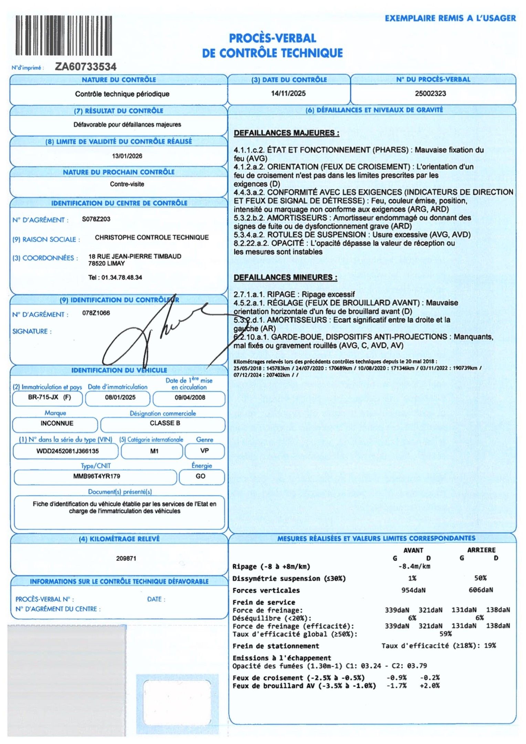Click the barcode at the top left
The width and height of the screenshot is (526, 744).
(x=64, y=35)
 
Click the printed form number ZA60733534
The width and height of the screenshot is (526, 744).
(x=86, y=66)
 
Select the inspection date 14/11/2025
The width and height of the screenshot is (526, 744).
(x=288, y=93)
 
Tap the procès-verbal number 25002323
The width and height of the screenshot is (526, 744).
(x=430, y=93)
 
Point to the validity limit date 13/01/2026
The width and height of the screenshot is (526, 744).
(x=127, y=156)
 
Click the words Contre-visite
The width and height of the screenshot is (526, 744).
(x=127, y=184)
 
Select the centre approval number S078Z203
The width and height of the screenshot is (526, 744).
(x=96, y=219)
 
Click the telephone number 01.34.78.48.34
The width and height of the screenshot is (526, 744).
(x=122, y=277)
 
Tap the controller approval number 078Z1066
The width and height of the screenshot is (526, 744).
(x=96, y=313)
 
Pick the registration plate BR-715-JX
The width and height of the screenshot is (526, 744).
(x=43, y=397)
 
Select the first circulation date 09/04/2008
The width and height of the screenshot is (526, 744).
(x=190, y=397)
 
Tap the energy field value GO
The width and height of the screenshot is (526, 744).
(x=200, y=476)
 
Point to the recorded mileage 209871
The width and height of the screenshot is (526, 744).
(x=126, y=558)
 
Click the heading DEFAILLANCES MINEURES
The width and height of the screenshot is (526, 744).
(x=285, y=277)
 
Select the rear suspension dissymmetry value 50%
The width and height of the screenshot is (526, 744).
(x=480, y=578)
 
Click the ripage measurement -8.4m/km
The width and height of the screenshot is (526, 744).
(x=414, y=566)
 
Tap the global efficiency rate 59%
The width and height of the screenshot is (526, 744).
(x=445, y=634)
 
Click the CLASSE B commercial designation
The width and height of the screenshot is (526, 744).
(x=165, y=423)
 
